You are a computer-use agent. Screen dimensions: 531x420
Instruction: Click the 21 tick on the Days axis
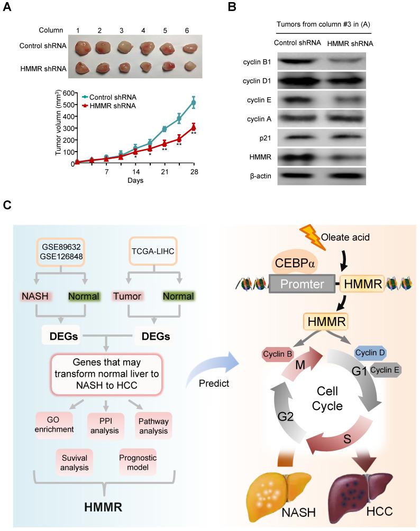click(165, 172)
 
